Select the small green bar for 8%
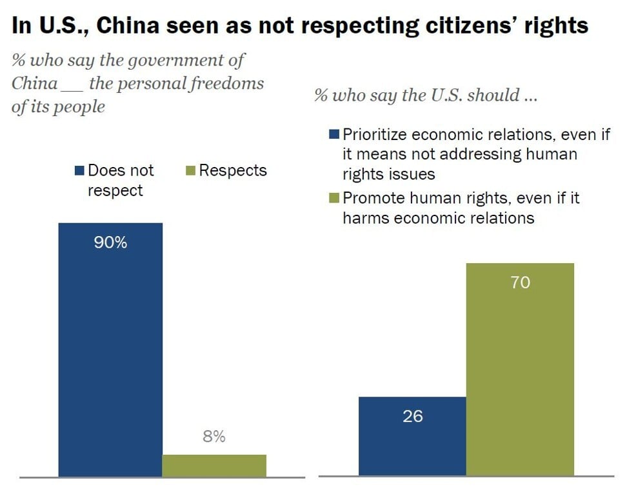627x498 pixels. click(x=214, y=466)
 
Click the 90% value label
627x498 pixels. click(x=110, y=243)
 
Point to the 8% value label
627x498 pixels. click(x=214, y=437)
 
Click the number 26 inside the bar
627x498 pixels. click(x=412, y=417)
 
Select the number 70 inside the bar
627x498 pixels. click(x=520, y=283)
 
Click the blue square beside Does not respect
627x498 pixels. click(x=79, y=171)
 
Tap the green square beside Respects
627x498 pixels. click(x=191, y=171)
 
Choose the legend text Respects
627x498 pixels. click(x=233, y=170)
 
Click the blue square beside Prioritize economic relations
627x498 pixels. click(x=334, y=135)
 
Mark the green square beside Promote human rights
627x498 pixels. click(x=334, y=198)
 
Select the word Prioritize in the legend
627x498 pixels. click(x=374, y=135)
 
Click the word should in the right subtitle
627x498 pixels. click(x=494, y=95)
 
